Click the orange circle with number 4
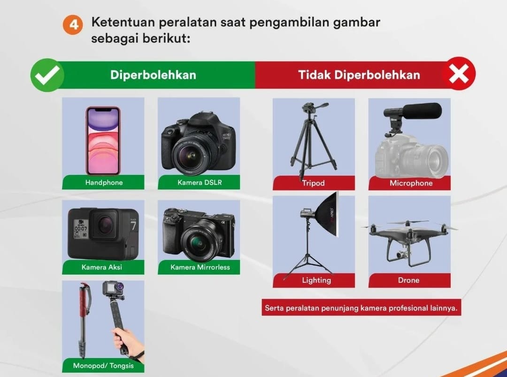(x=73, y=24)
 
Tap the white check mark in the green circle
(x=47, y=75)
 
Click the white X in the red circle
(x=459, y=74)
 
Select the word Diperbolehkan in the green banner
(x=153, y=75)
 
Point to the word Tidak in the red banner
(x=314, y=75)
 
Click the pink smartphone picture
(x=103, y=141)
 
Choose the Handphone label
(x=104, y=182)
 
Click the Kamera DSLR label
(x=200, y=182)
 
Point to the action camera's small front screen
(x=81, y=229)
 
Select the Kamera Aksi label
(x=101, y=267)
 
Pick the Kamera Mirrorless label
(x=200, y=267)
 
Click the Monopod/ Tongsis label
(x=103, y=366)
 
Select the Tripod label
(x=313, y=183)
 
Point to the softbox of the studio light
(x=327, y=214)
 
